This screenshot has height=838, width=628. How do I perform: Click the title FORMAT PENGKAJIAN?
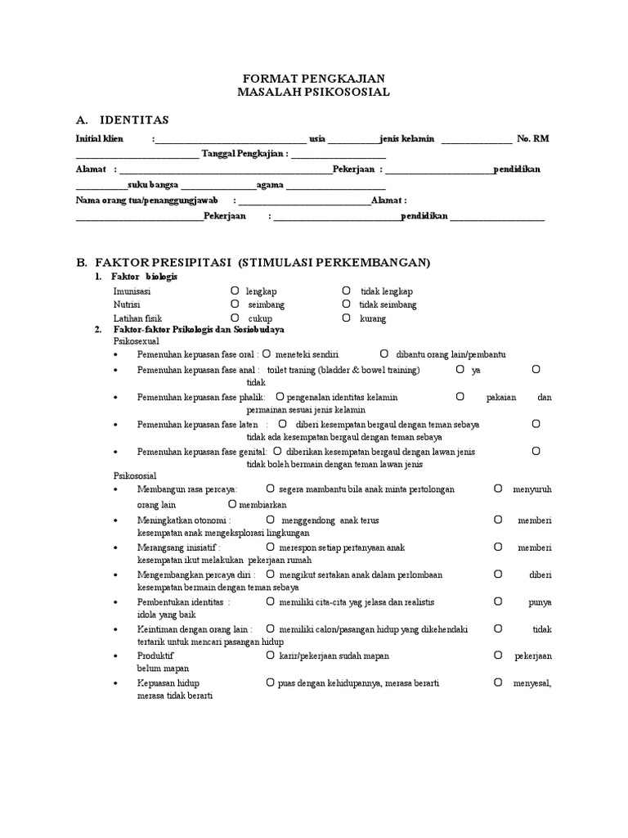[x=314, y=78]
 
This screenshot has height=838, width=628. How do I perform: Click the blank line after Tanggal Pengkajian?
[x=338, y=154]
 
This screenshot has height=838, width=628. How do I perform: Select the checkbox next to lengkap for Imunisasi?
[x=234, y=291]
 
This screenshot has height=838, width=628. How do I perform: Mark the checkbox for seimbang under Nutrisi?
[x=234, y=304]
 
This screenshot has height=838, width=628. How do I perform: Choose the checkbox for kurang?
[x=347, y=318]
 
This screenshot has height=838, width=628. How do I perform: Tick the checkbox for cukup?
[x=234, y=318]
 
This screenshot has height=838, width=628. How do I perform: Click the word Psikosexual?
[x=137, y=340]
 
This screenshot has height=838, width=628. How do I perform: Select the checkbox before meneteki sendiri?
[x=267, y=354]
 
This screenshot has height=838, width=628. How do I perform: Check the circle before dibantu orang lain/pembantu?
[x=384, y=354]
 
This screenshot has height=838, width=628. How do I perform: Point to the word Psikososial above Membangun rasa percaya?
[x=135, y=475]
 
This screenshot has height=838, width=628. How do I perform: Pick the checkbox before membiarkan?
[x=232, y=504]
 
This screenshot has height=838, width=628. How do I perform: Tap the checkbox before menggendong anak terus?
[x=270, y=520]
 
